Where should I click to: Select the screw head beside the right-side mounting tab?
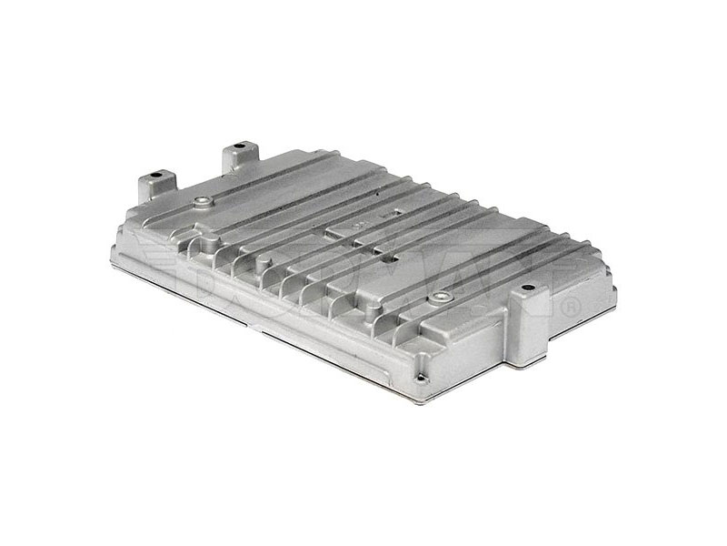[441, 297]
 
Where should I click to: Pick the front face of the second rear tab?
[234, 164]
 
